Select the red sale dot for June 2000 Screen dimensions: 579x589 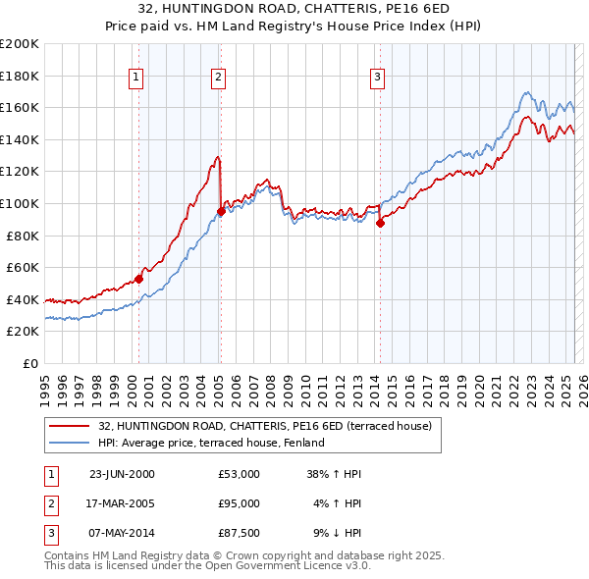[138, 279]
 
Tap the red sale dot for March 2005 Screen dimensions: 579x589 [221, 211]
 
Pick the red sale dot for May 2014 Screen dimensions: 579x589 [380, 223]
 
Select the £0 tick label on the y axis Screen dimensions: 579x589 [29, 363]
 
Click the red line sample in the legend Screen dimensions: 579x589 [71, 426]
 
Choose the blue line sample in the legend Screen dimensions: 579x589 [71, 443]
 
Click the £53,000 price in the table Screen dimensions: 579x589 [239, 473]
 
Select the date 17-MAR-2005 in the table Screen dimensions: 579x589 [122, 503]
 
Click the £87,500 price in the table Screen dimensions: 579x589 [239, 534]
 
